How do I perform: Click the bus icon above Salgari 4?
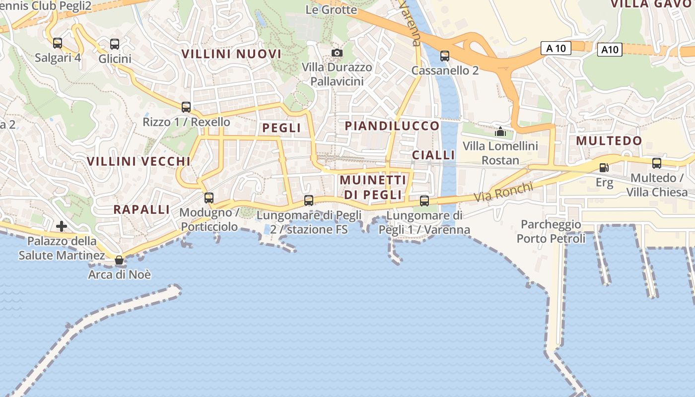pos(58,43)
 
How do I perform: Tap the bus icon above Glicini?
pos(115,44)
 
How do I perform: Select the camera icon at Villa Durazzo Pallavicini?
pos(337,53)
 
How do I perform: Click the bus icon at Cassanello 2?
pos(445,56)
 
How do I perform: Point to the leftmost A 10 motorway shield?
pos(556,48)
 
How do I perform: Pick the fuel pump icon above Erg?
pos(604,168)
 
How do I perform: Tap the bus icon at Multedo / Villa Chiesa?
pos(657,163)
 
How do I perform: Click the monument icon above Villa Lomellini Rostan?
pos(500,132)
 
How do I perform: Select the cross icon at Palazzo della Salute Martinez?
pos(62,227)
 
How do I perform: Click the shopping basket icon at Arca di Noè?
pos(119,260)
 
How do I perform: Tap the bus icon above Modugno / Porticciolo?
pos(209,198)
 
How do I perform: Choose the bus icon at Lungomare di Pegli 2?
pos(309,200)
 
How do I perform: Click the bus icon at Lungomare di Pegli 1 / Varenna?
pos(424,200)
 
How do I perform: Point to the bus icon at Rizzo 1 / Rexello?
pos(186,107)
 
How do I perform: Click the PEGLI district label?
pos(281,128)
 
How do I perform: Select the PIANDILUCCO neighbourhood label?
pos(392,126)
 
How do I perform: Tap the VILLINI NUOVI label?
pos(231,54)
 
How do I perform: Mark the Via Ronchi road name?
pos(503,192)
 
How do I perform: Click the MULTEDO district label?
pos(609,141)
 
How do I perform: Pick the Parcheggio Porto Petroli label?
pos(551,232)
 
